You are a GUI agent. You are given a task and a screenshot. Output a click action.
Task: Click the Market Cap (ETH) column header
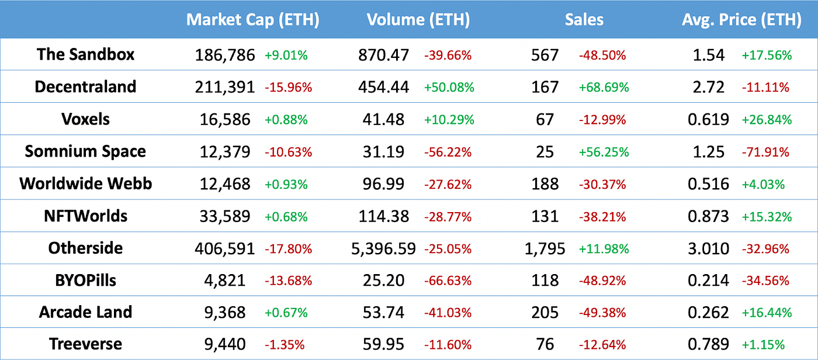click(252, 20)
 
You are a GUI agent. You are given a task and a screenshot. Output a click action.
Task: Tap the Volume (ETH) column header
click(418, 20)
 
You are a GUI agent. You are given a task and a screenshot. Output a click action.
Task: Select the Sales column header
click(584, 20)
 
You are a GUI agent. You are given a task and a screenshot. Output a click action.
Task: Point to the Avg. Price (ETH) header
click(741, 20)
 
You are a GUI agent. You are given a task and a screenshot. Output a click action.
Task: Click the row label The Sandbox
click(85, 54)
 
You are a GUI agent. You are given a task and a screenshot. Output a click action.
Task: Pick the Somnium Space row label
click(85, 151)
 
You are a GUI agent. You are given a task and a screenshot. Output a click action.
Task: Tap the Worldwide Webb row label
click(85, 184)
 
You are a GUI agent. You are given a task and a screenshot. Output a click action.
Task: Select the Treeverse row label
click(85, 345)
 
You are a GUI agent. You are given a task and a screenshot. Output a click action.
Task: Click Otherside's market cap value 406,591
click(225, 248)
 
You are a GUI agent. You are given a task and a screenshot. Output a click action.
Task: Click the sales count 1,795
click(546, 248)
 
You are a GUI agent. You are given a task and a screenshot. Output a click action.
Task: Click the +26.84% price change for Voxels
click(767, 120)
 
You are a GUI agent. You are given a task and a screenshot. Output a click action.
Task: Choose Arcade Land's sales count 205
click(545, 313)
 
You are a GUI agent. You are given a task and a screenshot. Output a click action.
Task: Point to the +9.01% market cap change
click(286, 56)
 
